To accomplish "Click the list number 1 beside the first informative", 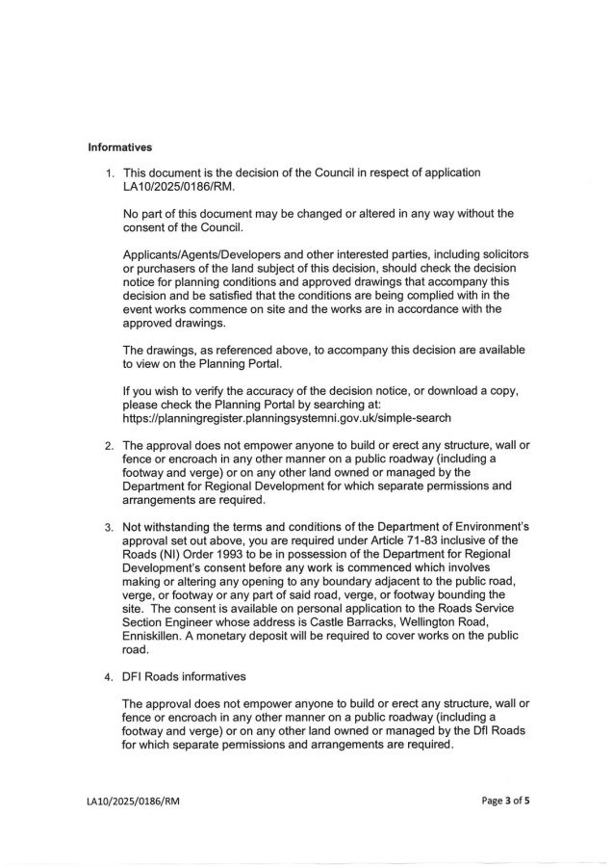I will click(109, 173).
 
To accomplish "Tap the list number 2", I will click(109, 446).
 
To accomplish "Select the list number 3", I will click(109, 527).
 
